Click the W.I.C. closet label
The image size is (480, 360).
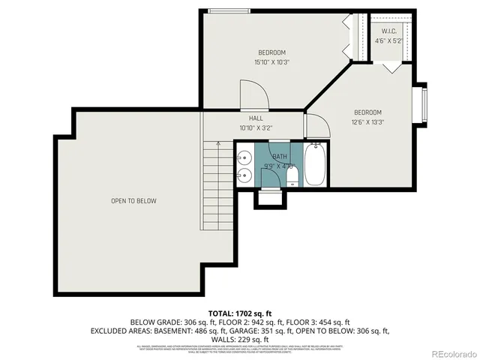click(388, 31)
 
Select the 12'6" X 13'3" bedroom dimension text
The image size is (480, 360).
click(368, 122)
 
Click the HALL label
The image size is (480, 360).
click(256, 118)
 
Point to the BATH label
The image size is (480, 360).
click(269, 156)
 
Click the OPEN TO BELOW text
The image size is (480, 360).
click(133, 201)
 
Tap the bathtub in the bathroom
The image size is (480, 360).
click(314, 166)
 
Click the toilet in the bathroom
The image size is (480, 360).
click(292, 176)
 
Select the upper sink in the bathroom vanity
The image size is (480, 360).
click(245, 158)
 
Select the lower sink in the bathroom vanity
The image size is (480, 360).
click(245, 177)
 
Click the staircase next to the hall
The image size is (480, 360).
click(217, 184)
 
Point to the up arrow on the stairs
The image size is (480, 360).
click(217, 142)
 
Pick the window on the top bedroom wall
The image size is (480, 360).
click(229, 10)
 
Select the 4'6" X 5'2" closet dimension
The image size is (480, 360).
click(388, 40)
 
